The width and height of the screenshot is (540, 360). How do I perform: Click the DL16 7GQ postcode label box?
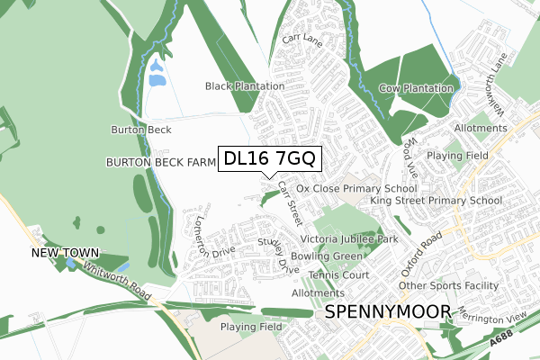(x=269, y=159)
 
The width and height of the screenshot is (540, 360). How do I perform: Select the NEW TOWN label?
(x=64, y=255)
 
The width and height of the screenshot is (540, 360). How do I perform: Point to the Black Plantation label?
(x=245, y=86)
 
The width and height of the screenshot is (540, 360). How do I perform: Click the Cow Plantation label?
(x=416, y=88)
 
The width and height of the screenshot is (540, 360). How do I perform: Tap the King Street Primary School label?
(x=436, y=201)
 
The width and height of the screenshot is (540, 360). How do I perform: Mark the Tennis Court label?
(x=338, y=274)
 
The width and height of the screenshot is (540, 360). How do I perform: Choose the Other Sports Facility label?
(x=448, y=286)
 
